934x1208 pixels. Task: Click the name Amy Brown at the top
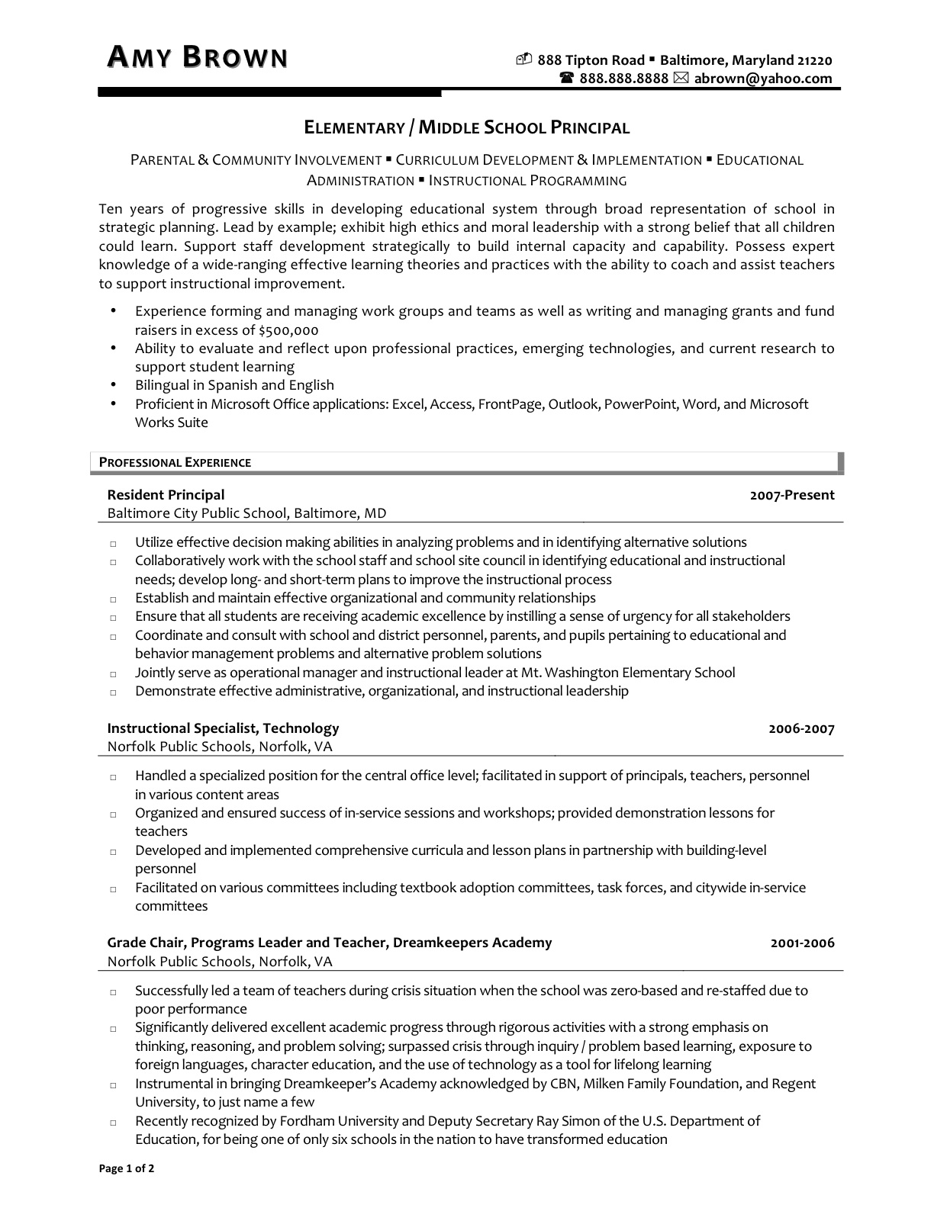[x=197, y=57]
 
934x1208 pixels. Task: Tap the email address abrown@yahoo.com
[x=762, y=79]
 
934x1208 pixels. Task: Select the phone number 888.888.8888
[x=623, y=79]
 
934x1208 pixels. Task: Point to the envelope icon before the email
[x=681, y=79]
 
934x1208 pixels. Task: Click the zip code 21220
[x=815, y=60]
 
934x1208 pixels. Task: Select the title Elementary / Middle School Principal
[x=467, y=127]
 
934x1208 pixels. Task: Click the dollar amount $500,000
[x=288, y=330]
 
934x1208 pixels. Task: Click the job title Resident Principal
[x=166, y=495]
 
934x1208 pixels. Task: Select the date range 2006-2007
[x=801, y=729]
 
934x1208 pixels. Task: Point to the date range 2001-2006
[x=802, y=943]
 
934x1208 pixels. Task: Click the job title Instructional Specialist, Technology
[x=223, y=728]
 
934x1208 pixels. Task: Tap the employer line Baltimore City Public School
[x=246, y=513]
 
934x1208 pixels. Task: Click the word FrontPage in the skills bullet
[x=510, y=404]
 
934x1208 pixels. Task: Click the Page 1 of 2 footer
[x=127, y=1169]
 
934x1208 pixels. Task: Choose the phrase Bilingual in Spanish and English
[x=234, y=385]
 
